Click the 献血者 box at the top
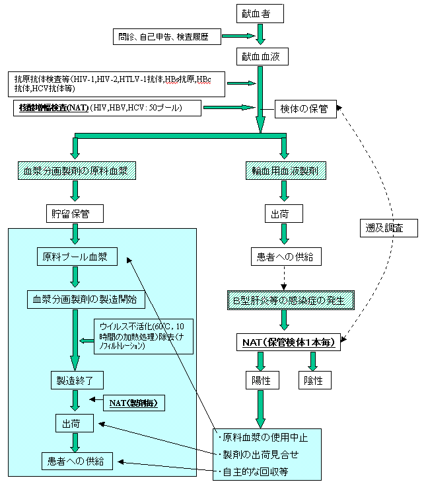click(260, 13)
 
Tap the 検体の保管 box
click(305, 108)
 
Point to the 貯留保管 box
click(75, 214)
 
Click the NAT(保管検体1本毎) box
click(289, 342)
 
